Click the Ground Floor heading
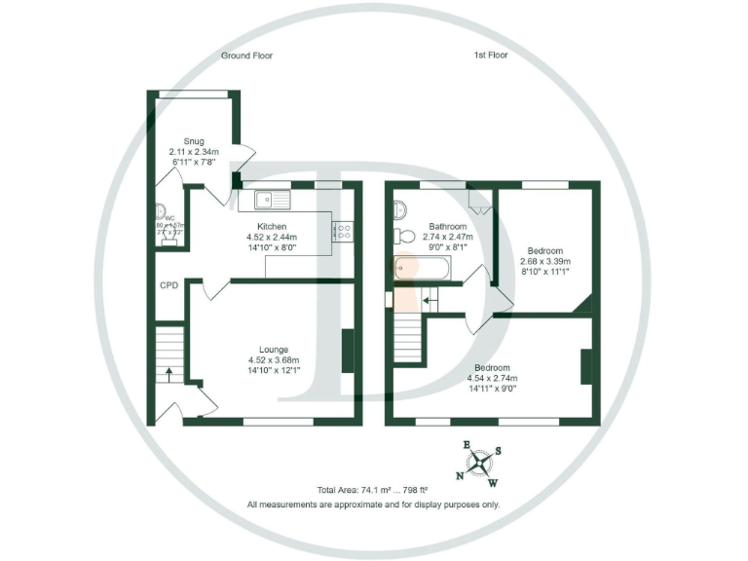246,56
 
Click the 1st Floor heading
484,56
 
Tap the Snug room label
180,141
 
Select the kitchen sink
272,201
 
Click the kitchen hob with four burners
344,231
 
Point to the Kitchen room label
272,226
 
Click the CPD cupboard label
169,286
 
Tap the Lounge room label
272,349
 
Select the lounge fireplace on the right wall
347,352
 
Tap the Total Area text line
373,490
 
